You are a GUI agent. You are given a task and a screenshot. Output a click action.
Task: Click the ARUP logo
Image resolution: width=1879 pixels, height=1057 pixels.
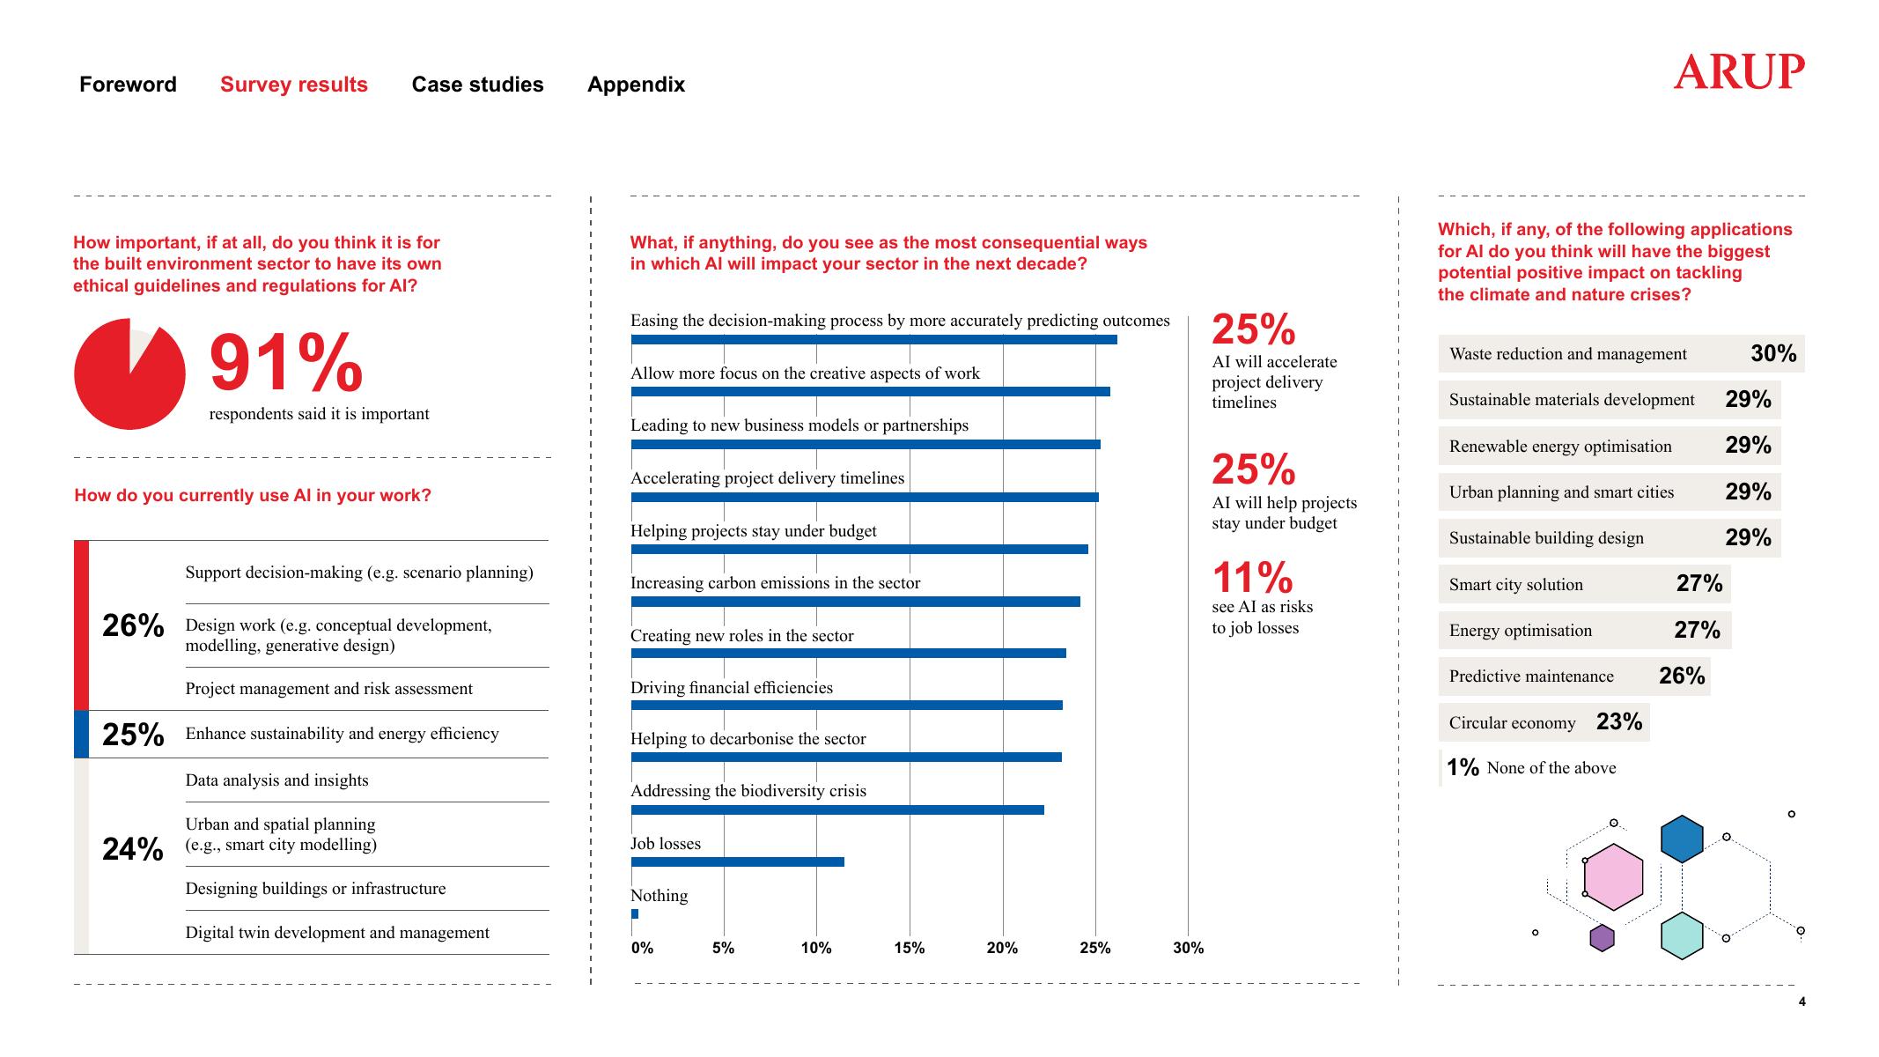(x=1738, y=72)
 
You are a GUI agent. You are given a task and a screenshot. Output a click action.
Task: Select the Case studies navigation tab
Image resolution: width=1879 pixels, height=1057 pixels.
(x=477, y=85)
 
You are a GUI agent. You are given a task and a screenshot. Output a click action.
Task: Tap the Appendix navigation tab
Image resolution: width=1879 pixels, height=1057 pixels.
(x=636, y=85)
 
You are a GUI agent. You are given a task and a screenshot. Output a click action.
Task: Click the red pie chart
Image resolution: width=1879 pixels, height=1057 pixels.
(x=129, y=375)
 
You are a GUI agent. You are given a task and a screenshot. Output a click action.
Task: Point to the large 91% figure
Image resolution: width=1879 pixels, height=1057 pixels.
(x=286, y=363)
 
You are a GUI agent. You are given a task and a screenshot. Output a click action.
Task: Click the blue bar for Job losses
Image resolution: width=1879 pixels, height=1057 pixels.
(x=738, y=861)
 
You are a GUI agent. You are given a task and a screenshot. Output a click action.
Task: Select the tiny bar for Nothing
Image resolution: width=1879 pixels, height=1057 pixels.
(x=635, y=913)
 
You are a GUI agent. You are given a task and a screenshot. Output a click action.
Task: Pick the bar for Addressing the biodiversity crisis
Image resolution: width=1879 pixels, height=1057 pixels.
(x=837, y=809)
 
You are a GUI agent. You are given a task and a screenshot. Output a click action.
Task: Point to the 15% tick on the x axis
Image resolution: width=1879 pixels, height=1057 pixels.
(x=910, y=948)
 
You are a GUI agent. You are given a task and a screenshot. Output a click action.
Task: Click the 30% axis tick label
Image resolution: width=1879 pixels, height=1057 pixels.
(x=1188, y=948)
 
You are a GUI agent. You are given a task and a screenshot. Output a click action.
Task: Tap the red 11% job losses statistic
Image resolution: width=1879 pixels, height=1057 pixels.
(x=1252, y=578)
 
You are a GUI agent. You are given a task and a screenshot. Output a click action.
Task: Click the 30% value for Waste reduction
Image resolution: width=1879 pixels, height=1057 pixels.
(x=1773, y=353)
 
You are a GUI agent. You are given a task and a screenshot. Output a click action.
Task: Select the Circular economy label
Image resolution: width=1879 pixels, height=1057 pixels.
(x=1512, y=723)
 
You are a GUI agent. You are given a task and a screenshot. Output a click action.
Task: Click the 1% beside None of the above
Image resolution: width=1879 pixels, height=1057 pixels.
(x=1463, y=768)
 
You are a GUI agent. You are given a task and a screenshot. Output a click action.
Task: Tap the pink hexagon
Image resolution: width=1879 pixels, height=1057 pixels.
(x=1613, y=876)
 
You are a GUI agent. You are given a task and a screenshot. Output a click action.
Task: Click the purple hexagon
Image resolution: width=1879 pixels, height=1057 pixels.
(x=1602, y=938)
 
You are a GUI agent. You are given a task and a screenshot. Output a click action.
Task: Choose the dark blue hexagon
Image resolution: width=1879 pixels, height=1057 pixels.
(x=1682, y=839)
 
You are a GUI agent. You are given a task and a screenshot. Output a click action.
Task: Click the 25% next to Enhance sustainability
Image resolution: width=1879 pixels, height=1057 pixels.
(x=133, y=735)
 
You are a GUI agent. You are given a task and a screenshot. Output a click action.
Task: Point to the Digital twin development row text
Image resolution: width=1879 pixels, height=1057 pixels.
(x=337, y=933)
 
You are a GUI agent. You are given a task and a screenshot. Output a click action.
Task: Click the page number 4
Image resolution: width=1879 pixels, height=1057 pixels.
(x=1802, y=1002)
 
